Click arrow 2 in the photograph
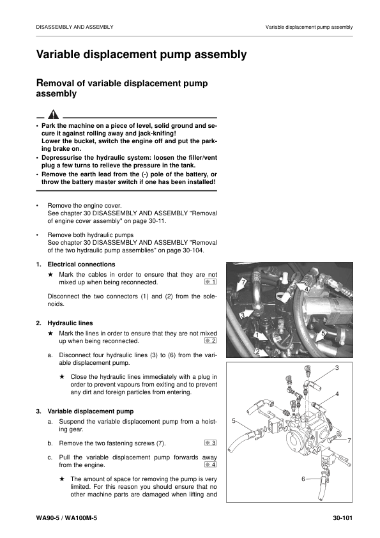pos(257,351)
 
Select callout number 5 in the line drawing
pos(234,421)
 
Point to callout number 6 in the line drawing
pos(302,479)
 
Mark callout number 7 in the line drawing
pos(349,441)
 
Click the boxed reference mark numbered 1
pos(211,281)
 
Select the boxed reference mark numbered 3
pos(211,442)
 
